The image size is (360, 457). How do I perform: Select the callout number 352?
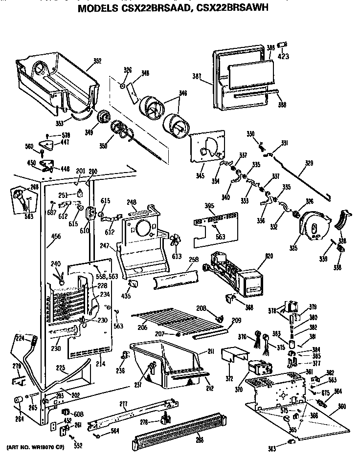[x=97, y=62]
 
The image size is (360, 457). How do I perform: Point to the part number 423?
[x=283, y=56]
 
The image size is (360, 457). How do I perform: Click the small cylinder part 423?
[x=282, y=45]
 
